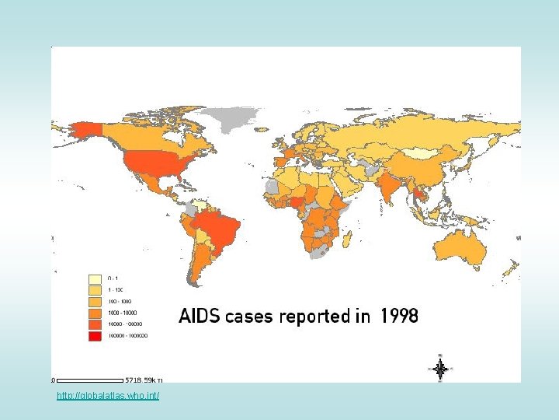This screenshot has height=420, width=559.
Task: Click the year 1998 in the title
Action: (399, 317)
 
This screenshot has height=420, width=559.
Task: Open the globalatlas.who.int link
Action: (108, 397)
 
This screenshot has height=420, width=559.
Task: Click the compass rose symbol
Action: (439, 369)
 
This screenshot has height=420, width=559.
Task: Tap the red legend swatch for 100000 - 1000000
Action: (95, 336)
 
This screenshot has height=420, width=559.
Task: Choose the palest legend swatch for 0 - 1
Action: (95, 278)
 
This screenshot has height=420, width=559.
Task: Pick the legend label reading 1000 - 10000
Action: (121, 313)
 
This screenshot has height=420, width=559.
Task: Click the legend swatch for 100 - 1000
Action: (95, 301)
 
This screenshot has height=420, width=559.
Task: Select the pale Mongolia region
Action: (423, 153)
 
